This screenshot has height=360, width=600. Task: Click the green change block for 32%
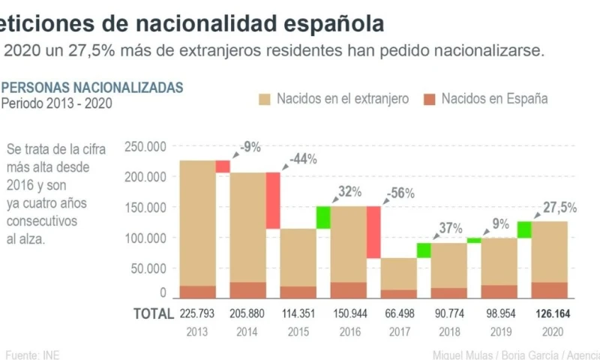(323, 217)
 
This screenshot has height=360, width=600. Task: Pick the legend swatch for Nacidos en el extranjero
(264, 99)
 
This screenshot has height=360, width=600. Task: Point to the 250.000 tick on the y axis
(145, 147)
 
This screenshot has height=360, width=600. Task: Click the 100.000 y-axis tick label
(145, 238)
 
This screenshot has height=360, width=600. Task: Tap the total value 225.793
(198, 313)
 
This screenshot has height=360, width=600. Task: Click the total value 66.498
(399, 313)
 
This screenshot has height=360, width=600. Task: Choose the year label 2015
(298, 331)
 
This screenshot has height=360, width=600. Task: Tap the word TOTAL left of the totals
(153, 313)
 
